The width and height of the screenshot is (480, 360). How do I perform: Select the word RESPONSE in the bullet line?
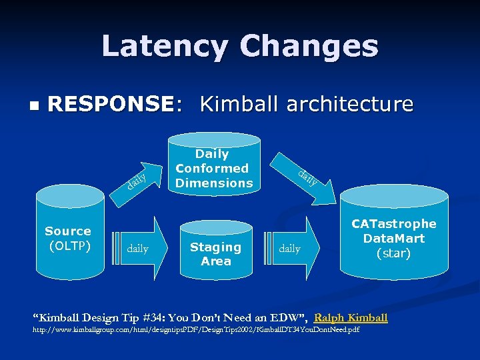point(111,104)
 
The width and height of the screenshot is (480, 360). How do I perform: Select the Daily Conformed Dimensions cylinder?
point(214,167)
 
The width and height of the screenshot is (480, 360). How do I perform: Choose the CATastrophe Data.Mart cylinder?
point(393,240)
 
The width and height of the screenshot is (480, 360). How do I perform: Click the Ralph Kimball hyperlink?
point(351,317)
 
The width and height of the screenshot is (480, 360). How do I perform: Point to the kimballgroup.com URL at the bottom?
point(197,331)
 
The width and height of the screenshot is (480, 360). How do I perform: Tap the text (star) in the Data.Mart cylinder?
point(393,253)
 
